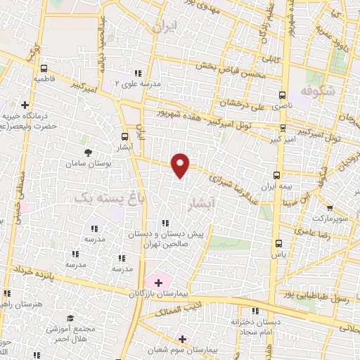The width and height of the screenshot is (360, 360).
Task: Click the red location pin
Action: [x=181, y=165]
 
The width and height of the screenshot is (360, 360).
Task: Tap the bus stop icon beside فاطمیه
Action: [x=45, y=69]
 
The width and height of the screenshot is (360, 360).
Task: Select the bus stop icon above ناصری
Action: [x=283, y=94]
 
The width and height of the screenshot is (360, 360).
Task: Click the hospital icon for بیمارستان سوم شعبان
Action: [x=182, y=338]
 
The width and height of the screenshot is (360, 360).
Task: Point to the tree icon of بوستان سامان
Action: [x=88, y=153]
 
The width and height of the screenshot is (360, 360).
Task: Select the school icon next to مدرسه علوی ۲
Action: [x=138, y=73]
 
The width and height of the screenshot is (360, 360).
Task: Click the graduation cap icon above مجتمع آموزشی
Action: [x=69, y=319]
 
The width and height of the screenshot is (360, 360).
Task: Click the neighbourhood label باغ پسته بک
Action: [x=103, y=199]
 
